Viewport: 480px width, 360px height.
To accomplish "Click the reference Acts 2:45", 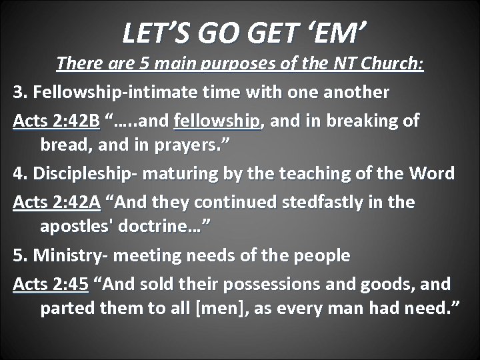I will point(51,284).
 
